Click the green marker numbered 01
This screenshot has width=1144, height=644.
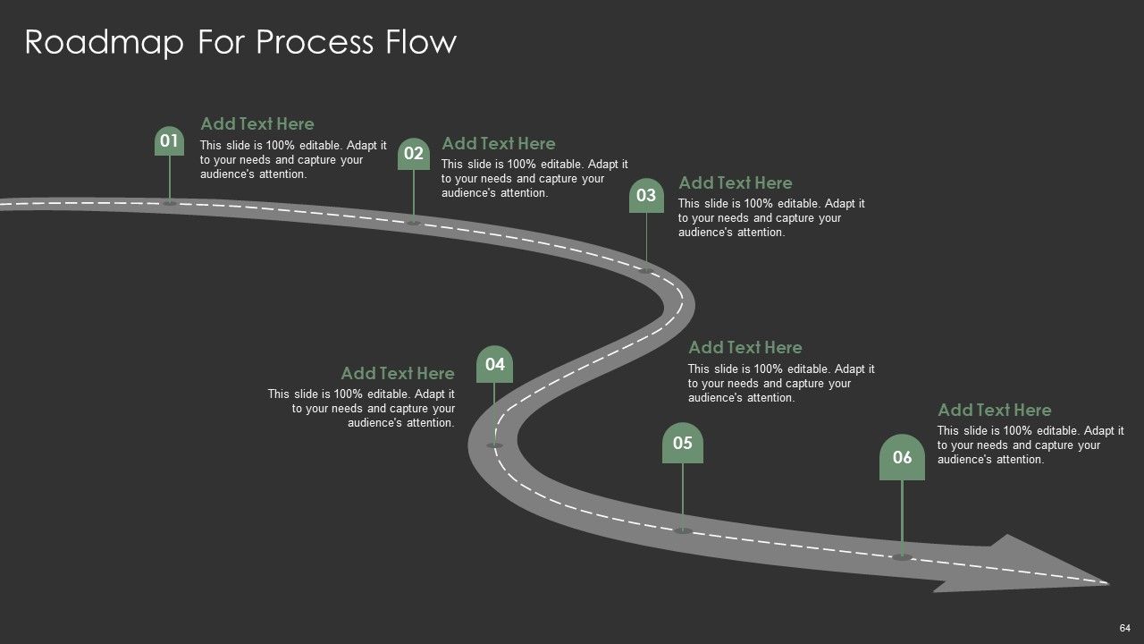(169, 140)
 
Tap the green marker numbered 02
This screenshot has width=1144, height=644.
(414, 153)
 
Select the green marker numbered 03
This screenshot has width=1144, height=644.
(646, 195)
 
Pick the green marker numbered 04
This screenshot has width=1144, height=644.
(494, 364)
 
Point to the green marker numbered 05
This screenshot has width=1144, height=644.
(682, 443)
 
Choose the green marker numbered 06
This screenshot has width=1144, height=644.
(902, 457)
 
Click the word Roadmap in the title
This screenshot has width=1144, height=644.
(105, 42)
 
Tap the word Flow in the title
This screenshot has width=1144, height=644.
(421, 41)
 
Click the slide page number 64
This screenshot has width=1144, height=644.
(1124, 628)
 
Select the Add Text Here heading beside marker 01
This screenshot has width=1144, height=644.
(257, 123)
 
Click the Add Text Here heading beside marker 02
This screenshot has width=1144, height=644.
(499, 144)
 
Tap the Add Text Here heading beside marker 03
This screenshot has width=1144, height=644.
(736, 183)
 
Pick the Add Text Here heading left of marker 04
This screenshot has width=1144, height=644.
(398, 374)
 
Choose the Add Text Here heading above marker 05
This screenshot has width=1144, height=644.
(745, 348)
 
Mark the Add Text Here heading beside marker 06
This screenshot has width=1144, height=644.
(995, 410)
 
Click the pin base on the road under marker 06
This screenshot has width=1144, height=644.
(902, 557)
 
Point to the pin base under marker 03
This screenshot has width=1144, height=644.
(646, 271)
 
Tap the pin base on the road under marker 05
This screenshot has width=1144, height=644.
(682, 531)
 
